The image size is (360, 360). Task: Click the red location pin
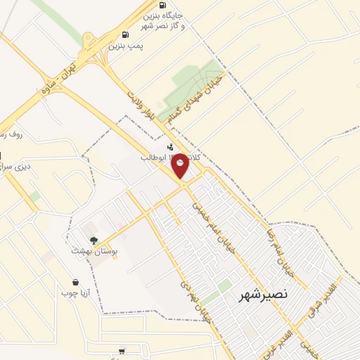(x=181, y=166)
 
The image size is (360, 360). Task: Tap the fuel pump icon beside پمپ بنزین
(x=125, y=34)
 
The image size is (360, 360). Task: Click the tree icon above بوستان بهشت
(x=94, y=240)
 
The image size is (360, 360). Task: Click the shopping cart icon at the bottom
(x=122, y=351)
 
